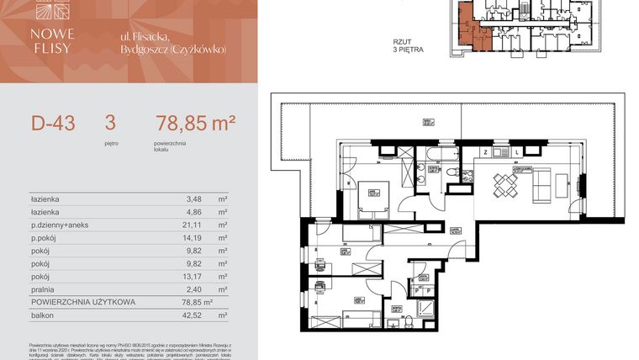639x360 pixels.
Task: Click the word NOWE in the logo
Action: [55, 34]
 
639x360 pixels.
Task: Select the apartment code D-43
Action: [53, 124]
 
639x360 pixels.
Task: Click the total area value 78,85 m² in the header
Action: [195, 124]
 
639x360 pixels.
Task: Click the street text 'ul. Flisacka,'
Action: [145, 34]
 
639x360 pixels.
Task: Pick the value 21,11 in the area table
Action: [194, 225]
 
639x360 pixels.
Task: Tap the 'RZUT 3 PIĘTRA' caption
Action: [408, 45]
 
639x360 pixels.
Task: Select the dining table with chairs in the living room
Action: [506, 184]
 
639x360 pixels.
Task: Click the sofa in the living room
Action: [544, 183]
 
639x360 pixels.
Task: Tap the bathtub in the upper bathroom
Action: [439, 154]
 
